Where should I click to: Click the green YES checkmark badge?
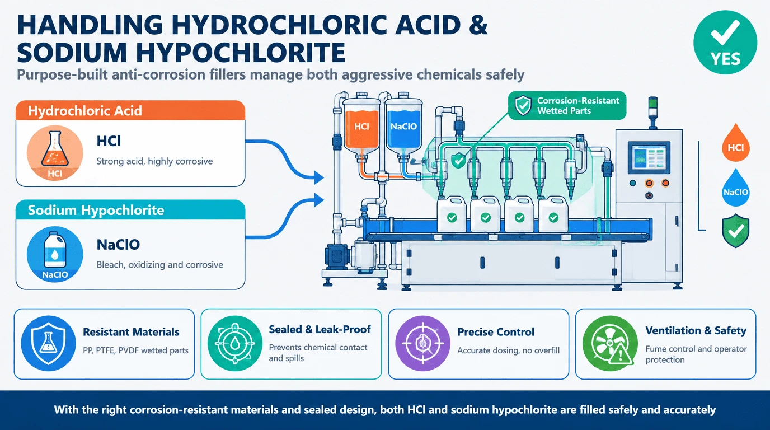(725, 43)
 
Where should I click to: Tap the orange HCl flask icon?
(55, 153)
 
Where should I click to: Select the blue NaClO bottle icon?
(55, 254)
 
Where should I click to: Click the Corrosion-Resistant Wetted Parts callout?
(567, 106)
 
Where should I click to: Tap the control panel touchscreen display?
(649, 157)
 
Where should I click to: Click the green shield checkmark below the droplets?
(736, 231)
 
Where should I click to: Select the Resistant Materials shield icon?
(49, 343)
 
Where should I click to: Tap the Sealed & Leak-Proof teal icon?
(235, 343)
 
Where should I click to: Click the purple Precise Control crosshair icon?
(423, 343)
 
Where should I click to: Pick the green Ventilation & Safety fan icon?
(610, 343)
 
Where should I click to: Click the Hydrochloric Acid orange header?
(130, 110)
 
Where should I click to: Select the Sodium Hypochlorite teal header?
(130, 210)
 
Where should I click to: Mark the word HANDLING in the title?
(90, 25)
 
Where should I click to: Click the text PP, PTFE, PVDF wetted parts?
(136, 350)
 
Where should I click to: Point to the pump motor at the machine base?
(337, 257)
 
